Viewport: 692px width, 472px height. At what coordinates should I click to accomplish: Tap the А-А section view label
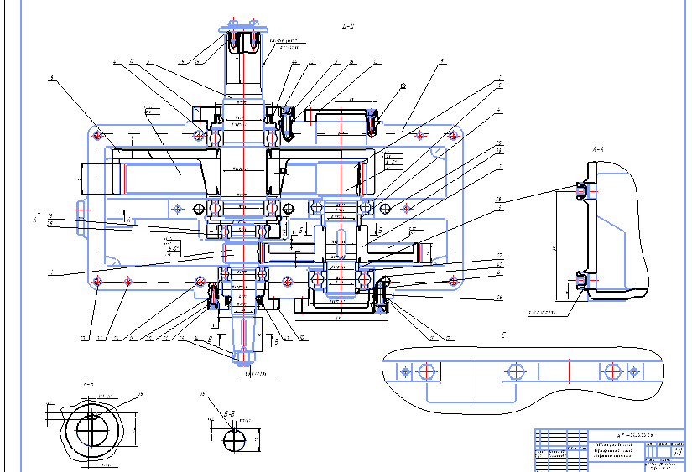[598, 149]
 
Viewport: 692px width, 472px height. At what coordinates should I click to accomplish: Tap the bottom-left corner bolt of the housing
[99, 281]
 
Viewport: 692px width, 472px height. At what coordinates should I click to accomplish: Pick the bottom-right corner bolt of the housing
[454, 279]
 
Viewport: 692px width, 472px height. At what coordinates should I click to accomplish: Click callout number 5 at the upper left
[51, 79]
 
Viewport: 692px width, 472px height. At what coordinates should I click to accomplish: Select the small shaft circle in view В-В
[235, 438]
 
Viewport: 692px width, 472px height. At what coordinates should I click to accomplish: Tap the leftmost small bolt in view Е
[406, 371]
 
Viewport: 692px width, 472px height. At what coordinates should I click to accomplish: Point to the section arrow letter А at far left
[34, 219]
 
